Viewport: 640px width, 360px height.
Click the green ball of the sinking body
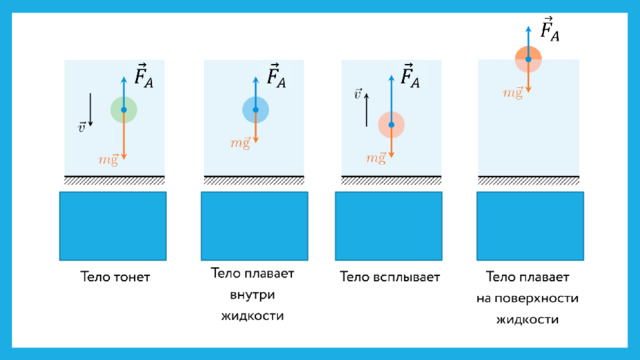124,109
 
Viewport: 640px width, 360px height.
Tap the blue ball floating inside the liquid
256,109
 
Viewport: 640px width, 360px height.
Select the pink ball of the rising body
391,124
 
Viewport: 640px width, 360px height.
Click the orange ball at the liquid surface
528,59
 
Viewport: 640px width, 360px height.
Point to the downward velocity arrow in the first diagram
90,109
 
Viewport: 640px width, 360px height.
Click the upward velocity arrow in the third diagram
366,110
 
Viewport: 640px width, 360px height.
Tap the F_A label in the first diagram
144,76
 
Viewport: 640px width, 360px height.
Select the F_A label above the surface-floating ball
550,29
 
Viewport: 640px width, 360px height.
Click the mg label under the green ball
108,159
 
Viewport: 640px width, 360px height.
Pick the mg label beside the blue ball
240,142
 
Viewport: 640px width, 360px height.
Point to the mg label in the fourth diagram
513,93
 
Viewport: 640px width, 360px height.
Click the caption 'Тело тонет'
115,277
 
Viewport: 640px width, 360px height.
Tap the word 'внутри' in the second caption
252,295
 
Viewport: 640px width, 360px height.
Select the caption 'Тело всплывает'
390,277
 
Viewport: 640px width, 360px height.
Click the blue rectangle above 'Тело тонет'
113,226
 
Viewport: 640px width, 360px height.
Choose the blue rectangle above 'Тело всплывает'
389,226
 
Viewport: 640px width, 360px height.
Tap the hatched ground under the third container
391,180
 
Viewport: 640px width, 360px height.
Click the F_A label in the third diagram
410,76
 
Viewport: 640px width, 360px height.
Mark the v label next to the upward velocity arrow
358,94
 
